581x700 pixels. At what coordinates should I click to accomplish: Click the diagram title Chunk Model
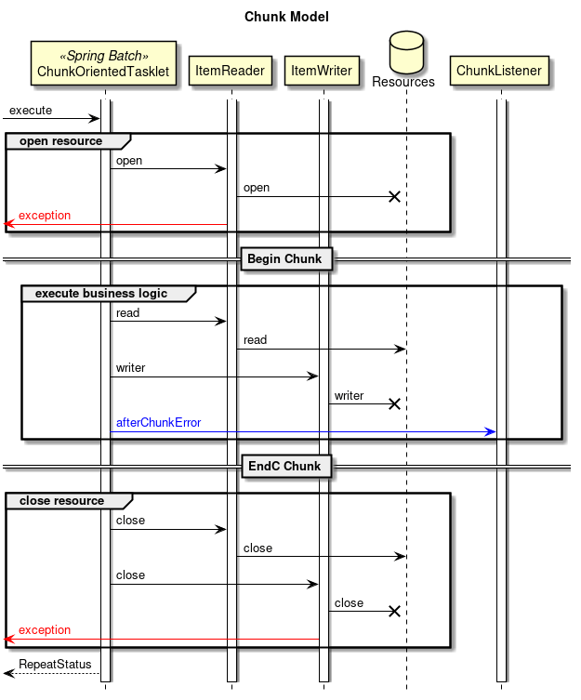pyautogui.click(x=286, y=17)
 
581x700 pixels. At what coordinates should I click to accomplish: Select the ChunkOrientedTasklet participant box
pyautogui.click(x=103, y=63)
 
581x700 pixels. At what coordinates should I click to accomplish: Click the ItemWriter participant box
pyautogui.click(x=321, y=71)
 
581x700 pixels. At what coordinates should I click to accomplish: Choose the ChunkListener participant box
pyautogui.click(x=499, y=71)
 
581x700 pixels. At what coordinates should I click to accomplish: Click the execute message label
pyautogui.click(x=31, y=111)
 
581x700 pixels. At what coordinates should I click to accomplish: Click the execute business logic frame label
pyautogui.click(x=101, y=294)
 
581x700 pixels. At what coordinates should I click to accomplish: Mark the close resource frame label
pyautogui.click(x=61, y=500)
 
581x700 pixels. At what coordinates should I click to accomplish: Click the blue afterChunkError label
pyautogui.click(x=158, y=423)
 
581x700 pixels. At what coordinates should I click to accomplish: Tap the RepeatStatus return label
pyautogui.click(x=55, y=665)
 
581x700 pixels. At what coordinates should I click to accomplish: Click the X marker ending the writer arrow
pyautogui.click(x=394, y=403)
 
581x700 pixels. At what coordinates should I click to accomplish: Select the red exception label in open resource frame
pyautogui.click(x=45, y=216)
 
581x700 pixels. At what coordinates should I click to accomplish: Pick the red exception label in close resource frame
pyautogui.click(x=45, y=630)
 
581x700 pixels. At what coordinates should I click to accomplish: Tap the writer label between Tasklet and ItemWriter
pyautogui.click(x=130, y=368)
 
